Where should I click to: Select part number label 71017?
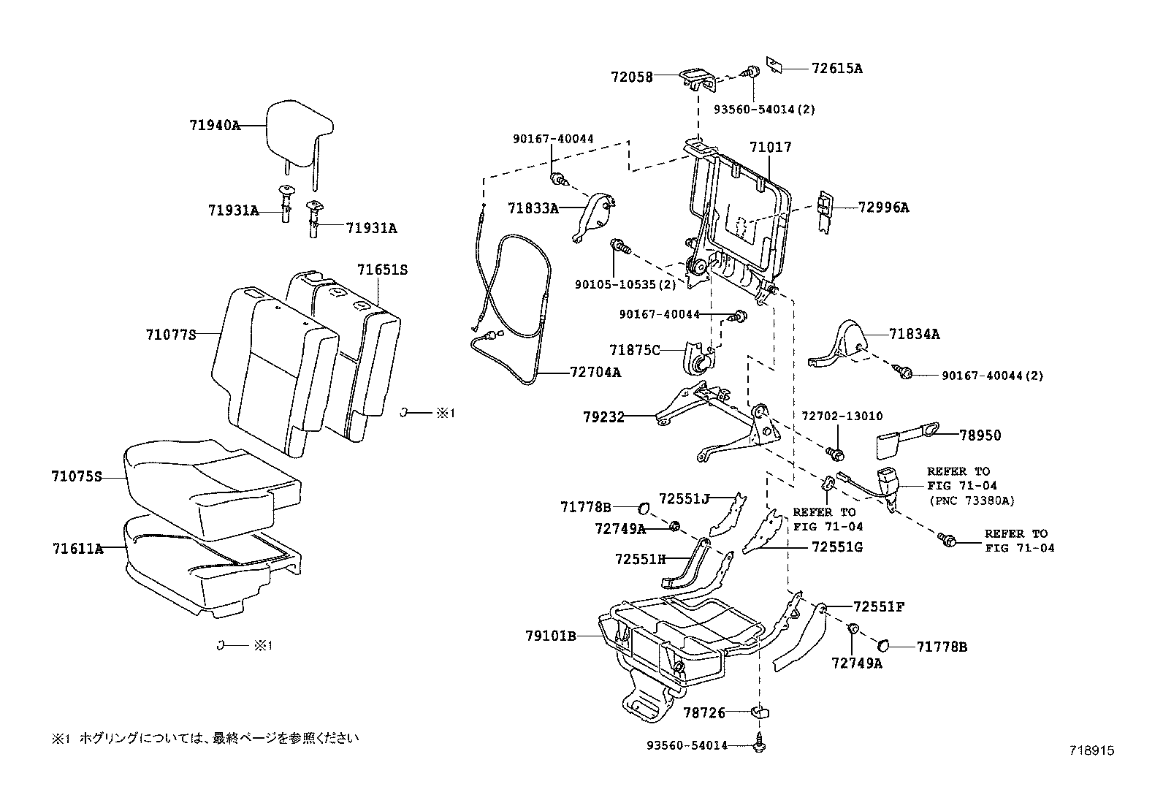[770, 147]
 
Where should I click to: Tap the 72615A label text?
[836, 68]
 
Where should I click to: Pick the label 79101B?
[550, 636]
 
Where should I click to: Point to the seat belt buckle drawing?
[888, 483]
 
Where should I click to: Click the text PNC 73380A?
[972, 500]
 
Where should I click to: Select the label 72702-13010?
[842, 416]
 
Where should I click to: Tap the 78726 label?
[703, 712]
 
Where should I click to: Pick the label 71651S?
[382, 270]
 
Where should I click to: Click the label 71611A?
[77, 548]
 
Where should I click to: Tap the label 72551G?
[837, 547]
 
